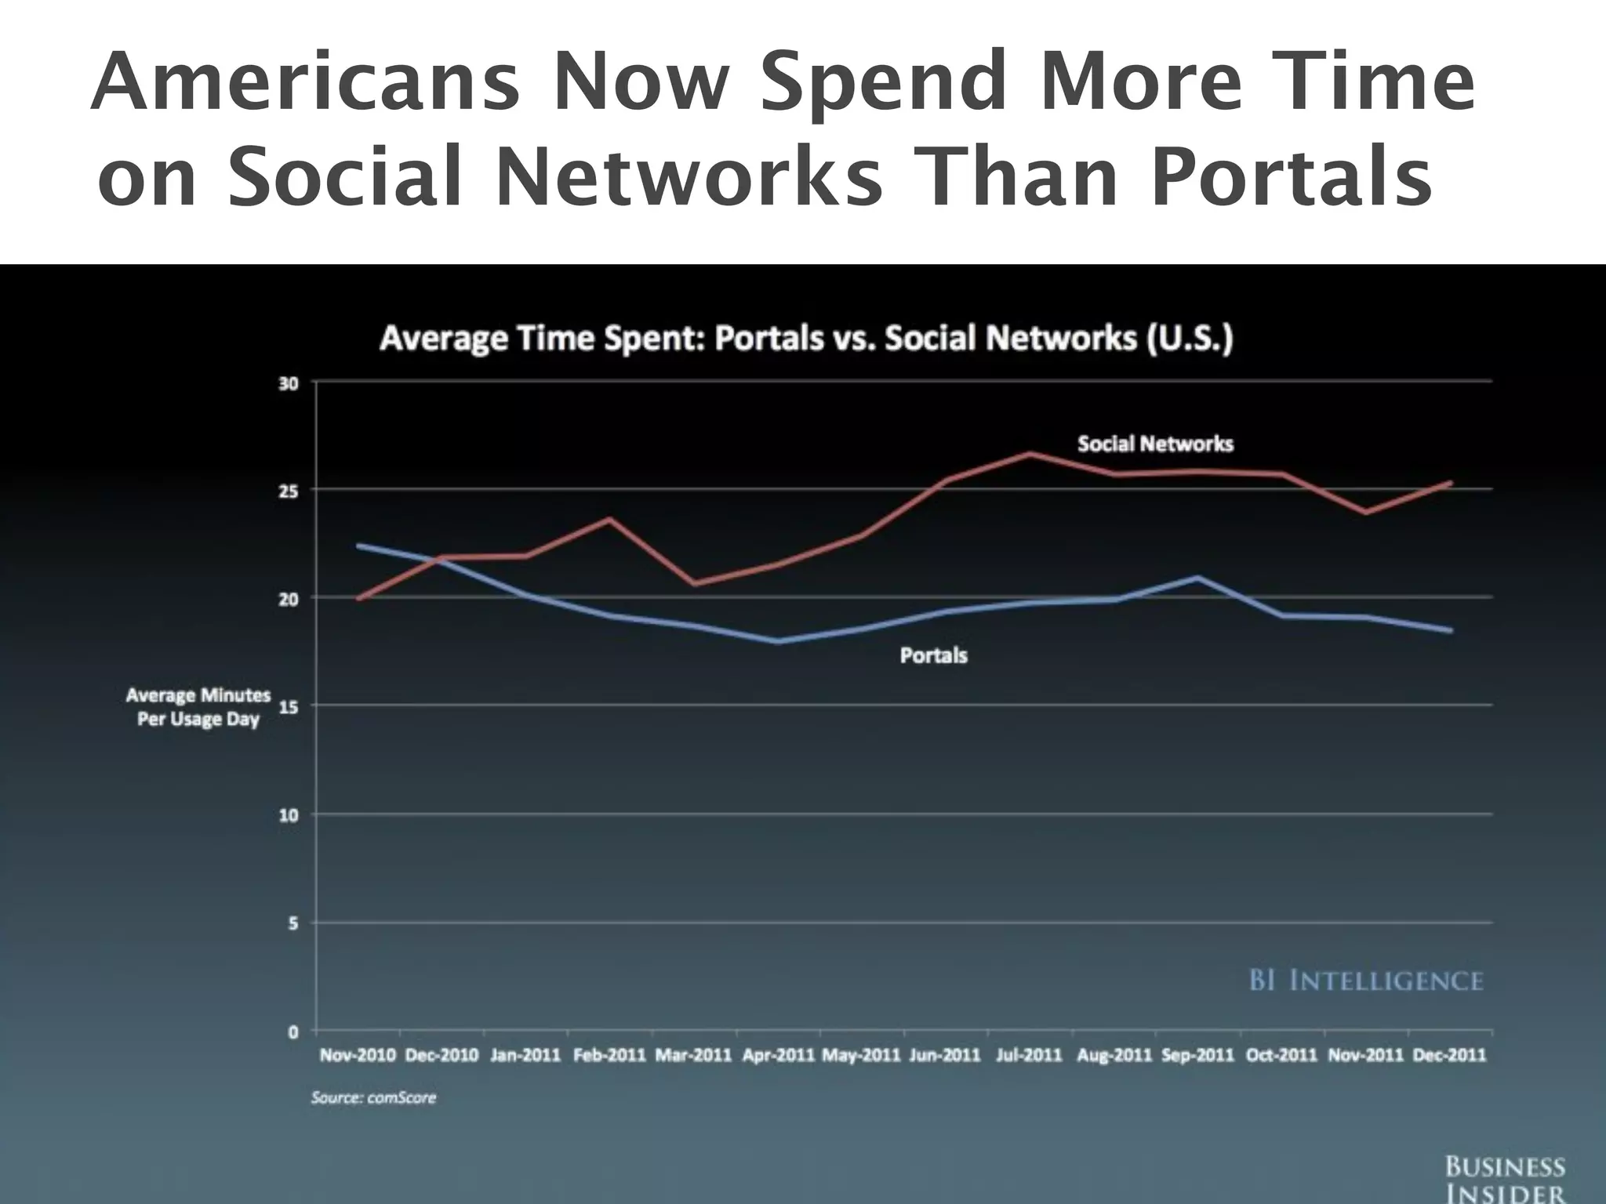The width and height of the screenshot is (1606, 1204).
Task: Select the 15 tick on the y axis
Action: pyautogui.click(x=288, y=706)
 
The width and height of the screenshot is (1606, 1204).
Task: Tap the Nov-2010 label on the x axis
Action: pyautogui.click(x=358, y=1055)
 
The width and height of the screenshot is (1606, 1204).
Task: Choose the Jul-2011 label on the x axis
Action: pyautogui.click(x=1028, y=1055)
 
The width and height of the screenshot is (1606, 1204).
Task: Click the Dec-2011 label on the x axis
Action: pyautogui.click(x=1449, y=1055)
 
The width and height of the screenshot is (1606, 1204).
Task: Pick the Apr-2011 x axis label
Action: pyautogui.click(x=779, y=1055)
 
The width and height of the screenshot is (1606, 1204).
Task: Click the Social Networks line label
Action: pyautogui.click(x=1155, y=444)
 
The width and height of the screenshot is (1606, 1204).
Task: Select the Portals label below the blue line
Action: pyautogui.click(x=933, y=655)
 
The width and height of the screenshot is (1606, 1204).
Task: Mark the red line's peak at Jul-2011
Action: pyautogui.click(x=1030, y=453)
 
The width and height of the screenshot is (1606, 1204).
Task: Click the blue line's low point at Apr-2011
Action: pyautogui.click(x=779, y=641)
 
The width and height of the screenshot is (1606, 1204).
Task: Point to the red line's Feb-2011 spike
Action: pyautogui.click(x=610, y=518)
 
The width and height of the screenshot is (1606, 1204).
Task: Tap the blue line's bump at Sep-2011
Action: pyautogui.click(x=1197, y=578)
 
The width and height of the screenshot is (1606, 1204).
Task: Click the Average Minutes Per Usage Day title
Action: pyautogui.click(x=198, y=707)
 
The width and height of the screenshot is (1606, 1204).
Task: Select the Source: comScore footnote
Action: pyautogui.click(x=373, y=1097)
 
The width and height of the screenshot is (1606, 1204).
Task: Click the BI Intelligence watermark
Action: pyautogui.click(x=1365, y=981)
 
